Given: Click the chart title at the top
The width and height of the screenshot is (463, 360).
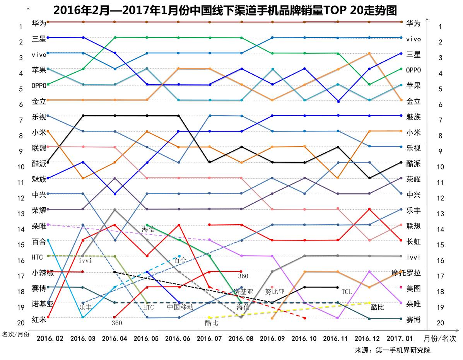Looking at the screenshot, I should (225, 10).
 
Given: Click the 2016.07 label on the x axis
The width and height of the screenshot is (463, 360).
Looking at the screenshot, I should (209, 338).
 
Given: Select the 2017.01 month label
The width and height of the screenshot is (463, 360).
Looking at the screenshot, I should (400, 338).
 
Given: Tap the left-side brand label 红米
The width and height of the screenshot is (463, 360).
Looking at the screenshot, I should (39, 319).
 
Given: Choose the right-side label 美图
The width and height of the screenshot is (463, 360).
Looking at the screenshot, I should (413, 288).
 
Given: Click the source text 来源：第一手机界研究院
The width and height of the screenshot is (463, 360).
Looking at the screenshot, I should (392, 350).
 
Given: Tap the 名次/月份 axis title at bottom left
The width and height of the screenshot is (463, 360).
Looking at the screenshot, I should (15, 334).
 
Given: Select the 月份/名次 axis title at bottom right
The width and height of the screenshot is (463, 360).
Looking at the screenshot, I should (440, 338).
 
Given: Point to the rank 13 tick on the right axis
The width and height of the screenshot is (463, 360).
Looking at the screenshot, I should (440, 213).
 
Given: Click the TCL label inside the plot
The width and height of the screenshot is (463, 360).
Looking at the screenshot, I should (346, 292).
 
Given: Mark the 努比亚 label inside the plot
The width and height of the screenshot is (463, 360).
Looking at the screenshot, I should (275, 292).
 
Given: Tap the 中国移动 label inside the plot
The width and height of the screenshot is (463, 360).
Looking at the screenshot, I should (180, 307).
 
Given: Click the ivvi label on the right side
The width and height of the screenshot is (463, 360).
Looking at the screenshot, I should (413, 257).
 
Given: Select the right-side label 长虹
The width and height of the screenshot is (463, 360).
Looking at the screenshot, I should (413, 242).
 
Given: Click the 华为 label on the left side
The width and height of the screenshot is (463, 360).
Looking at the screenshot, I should (39, 23).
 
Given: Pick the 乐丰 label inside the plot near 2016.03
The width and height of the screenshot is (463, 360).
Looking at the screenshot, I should (85, 307).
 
